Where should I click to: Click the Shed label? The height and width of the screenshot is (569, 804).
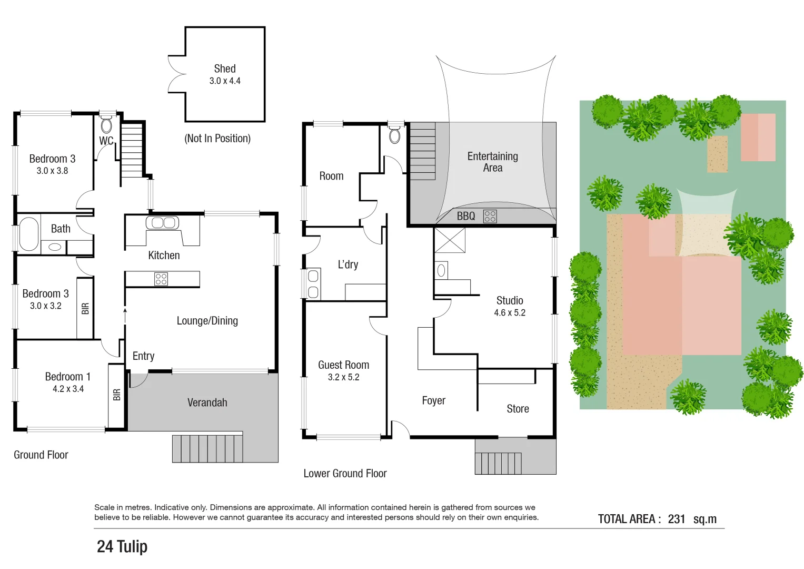[x=224, y=68]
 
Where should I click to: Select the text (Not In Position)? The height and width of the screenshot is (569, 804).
[x=217, y=139]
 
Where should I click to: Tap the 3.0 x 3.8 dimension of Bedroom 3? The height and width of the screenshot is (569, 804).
[x=52, y=171]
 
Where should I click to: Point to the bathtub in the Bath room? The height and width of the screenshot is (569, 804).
[x=29, y=234]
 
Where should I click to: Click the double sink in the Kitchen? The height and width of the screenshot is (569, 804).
[x=162, y=223]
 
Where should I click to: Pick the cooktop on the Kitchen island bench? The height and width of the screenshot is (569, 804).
[x=161, y=279]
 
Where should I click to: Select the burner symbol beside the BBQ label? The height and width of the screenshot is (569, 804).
[x=490, y=216]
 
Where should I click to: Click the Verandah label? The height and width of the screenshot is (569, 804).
[x=207, y=403]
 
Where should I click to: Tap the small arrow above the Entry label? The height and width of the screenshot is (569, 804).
[x=125, y=312]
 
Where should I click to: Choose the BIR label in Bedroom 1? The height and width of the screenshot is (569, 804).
[x=117, y=395]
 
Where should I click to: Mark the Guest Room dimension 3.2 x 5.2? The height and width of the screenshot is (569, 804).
[x=343, y=377]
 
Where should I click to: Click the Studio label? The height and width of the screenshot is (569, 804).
[x=509, y=300]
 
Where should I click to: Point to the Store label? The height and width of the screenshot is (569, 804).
[x=518, y=409]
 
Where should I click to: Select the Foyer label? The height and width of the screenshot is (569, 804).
[x=433, y=400]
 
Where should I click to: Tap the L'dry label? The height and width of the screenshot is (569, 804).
[x=348, y=264]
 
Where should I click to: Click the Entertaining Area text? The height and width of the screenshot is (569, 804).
[x=492, y=162]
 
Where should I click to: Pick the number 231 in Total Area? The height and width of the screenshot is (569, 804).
[x=676, y=519]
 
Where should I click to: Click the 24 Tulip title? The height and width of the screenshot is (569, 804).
[x=122, y=546]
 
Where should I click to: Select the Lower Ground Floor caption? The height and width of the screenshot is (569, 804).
[x=345, y=473]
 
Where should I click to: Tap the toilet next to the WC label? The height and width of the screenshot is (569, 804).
[x=106, y=125]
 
